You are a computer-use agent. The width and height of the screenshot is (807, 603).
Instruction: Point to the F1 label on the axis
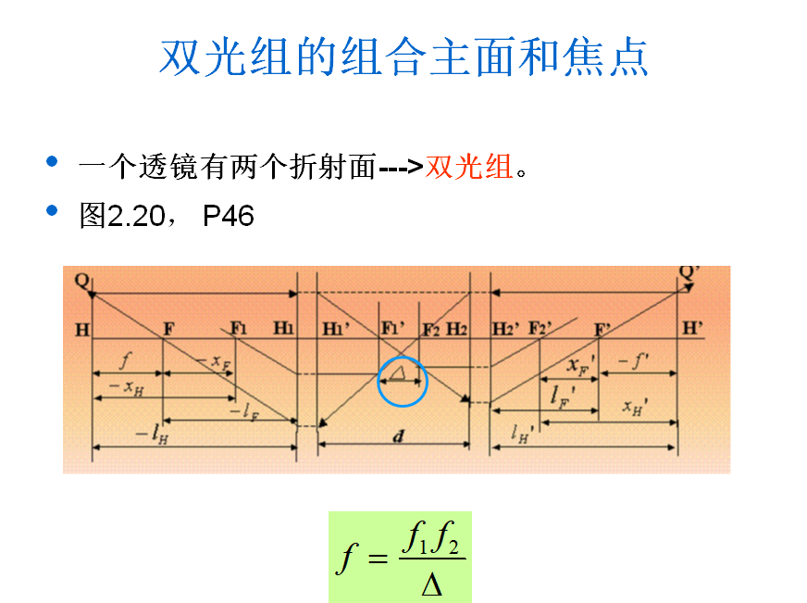[x=239, y=328]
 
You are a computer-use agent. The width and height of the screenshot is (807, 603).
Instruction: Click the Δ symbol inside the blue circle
[x=399, y=372]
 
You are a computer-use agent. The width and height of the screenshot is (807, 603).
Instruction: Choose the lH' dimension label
[x=523, y=433]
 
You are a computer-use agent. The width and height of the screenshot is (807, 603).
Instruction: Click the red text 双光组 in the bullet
[x=468, y=168]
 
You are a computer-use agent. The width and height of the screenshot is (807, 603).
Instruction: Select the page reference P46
[x=228, y=217]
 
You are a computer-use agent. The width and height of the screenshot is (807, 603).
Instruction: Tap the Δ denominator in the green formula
[x=432, y=584]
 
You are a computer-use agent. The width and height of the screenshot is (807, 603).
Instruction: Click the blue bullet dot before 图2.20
[x=52, y=212]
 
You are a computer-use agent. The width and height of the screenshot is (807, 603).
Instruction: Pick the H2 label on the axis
[x=457, y=329]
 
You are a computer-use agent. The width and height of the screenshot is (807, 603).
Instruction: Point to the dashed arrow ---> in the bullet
[x=402, y=169]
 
